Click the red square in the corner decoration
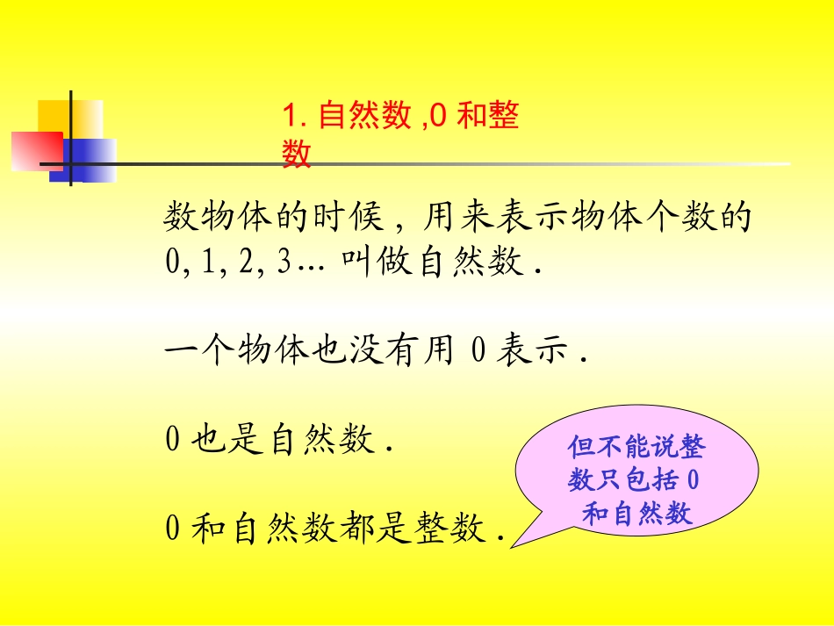point(35,148)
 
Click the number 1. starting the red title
point(292,116)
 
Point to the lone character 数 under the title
point(297,154)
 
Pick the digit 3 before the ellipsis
point(283,264)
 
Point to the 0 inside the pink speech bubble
point(693,481)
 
